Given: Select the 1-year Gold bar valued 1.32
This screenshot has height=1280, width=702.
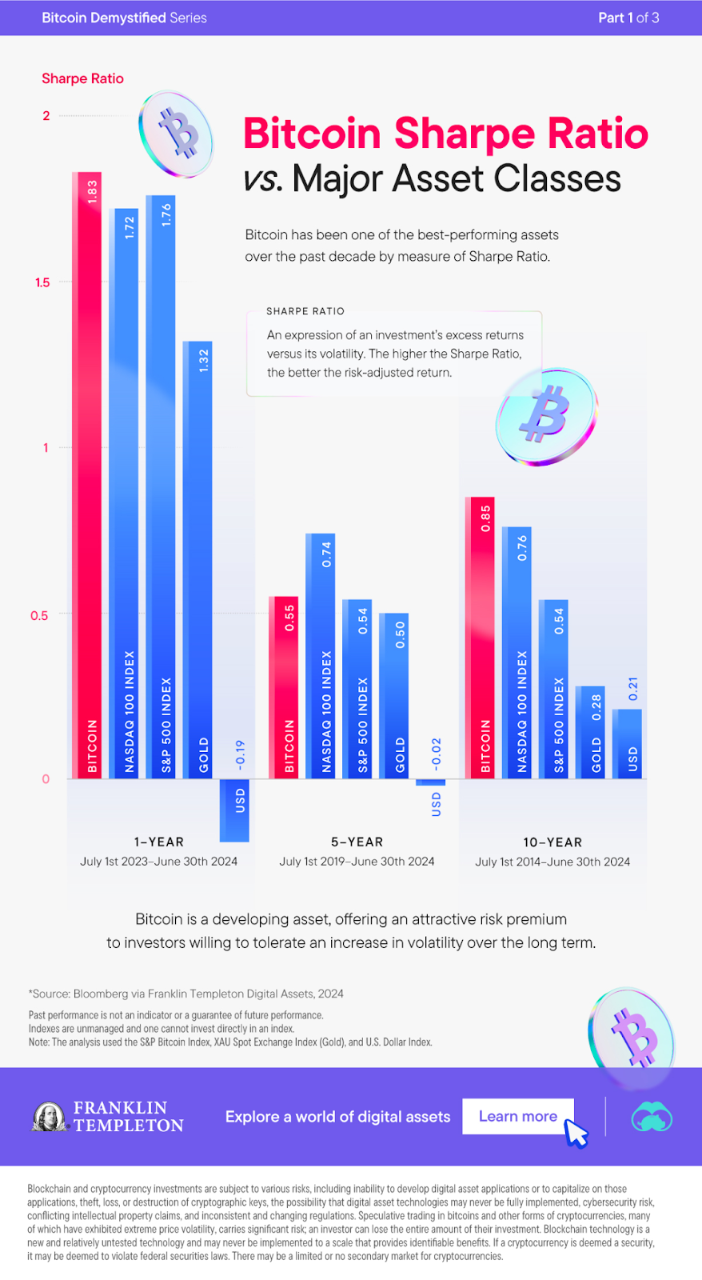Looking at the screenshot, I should [x=197, y=560].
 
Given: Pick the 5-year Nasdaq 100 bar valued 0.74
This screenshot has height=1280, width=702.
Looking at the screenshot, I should [x=321, y=656].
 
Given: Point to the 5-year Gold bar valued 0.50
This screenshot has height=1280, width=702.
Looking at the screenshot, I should [x=394, y=696].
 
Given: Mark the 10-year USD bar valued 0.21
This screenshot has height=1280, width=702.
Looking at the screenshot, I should [x=627, y=744].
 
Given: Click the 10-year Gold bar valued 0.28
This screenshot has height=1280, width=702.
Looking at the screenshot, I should [x=590, y=732].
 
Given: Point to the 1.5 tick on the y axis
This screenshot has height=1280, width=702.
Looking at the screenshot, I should [x=42, y=282].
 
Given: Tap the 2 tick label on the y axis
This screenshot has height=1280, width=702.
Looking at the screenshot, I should [x=46, y=116].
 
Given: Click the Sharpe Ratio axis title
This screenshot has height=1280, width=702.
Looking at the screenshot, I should [x=82, y=78].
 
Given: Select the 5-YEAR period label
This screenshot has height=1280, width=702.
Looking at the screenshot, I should [x=357, y=842].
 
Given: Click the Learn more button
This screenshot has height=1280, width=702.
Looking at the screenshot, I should [x=518, y=1116].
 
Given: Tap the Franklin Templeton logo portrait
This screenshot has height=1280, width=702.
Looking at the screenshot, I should [x=50, y=1117].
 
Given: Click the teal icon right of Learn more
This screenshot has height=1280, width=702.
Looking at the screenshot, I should [x=652, y=1117].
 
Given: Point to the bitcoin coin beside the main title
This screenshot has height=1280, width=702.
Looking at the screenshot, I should [x=177, y=134].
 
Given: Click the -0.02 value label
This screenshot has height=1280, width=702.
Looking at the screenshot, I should [x=437, y=754].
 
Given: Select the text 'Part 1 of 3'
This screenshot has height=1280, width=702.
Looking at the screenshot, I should [x=628, y=18].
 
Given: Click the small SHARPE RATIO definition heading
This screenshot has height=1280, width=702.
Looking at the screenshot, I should [x=305, y=311].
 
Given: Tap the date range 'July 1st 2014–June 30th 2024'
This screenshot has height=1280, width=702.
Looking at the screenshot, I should [x=552, y=862].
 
